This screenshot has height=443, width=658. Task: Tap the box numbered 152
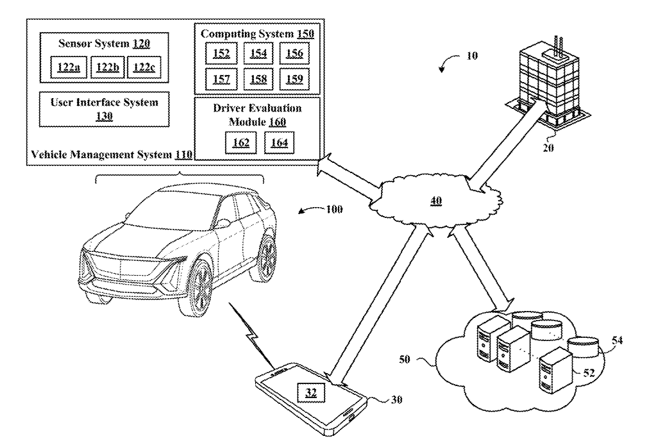(x=222, y=53)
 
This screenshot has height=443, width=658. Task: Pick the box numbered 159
(x=294, y=79)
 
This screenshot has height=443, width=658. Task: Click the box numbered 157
(x=222, y=79)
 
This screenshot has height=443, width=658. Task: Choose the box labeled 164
(x=280, y=142)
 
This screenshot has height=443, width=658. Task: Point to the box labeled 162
(x=241, y=142)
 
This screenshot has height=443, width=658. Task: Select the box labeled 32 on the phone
(x=310, y=392)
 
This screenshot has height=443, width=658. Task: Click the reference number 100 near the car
(x=334, y=209)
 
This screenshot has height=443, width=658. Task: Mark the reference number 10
(x=471, y=56)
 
